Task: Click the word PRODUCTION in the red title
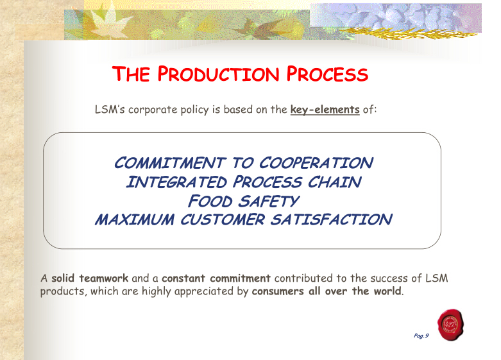click(x=218, y=74)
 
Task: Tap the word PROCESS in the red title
click(x=327, y=74)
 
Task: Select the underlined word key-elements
click(x=325, y=110)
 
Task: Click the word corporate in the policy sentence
click(x=153, y=110)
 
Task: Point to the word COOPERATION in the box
click(x=316, y=163)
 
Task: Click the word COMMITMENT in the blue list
click(x=169, y=163)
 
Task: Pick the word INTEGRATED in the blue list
click(x=176, y=182)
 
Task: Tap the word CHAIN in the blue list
click(x=334, y=182)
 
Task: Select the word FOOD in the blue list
click(x=210, y=201)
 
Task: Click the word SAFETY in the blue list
click(x=268, y=201)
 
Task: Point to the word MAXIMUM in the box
click(x=135, y=219)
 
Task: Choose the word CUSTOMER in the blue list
click(x=223, y=219)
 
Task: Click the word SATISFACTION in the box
click(x=332, y=219)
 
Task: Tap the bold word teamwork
click(x=103, y=278)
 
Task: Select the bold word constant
click(x=183, y=278)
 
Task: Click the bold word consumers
click(x=278, y=291)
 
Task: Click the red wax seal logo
click(x=450, y=325)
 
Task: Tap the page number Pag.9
click(x=421, y=336)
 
